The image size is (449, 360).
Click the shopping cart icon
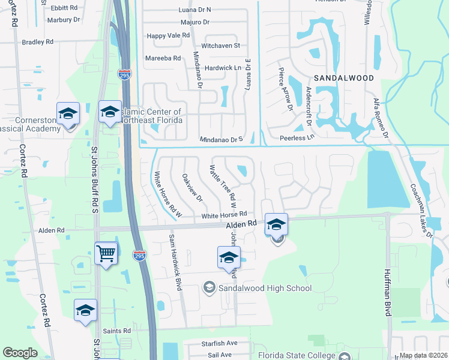[x=106, y=253]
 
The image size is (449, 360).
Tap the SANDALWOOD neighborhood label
[x=344, y=78]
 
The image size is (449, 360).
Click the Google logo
[x=20, y=353]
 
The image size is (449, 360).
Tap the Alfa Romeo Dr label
[x=381, y=118]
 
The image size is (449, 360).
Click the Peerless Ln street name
[x=297, y=138]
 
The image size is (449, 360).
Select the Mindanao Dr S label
[x=221, y=139]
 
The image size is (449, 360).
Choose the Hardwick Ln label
[x=222, y=68]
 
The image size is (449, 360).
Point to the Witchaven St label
[x=221, y=46]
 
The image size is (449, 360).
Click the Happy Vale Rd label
[x=168, y=35]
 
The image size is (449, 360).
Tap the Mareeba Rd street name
[x=163, y=58]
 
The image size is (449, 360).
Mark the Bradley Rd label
[x=37, y=42]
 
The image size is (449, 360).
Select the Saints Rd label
[x=117, y=331]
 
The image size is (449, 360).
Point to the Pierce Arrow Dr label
[x=285, y=89]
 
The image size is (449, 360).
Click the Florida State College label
[x=297, y=355]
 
